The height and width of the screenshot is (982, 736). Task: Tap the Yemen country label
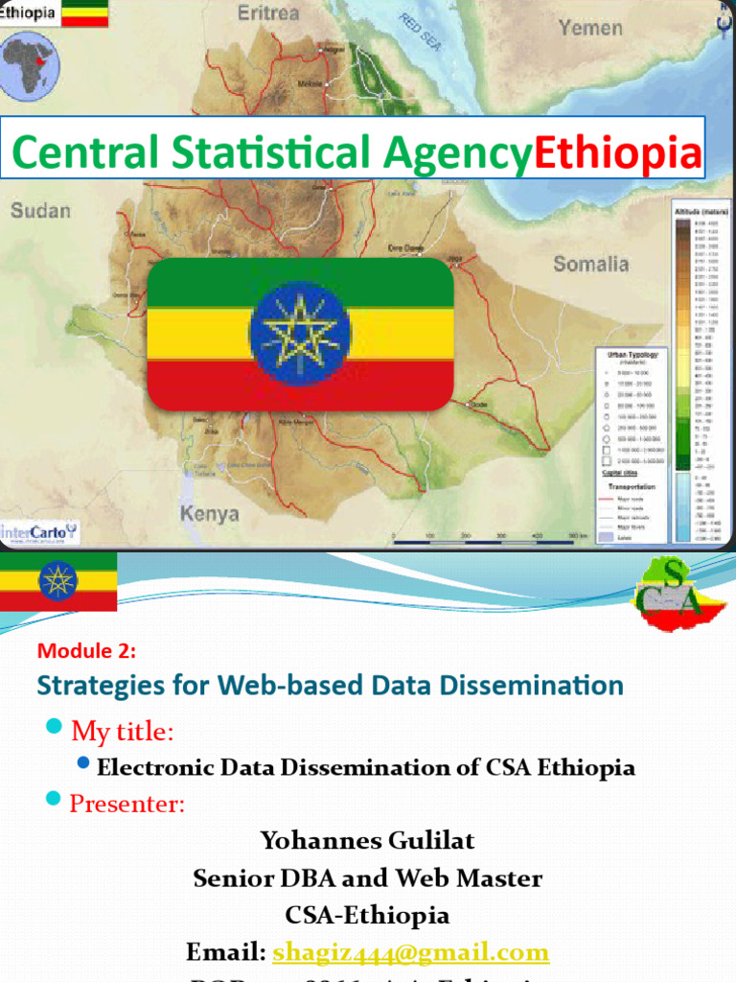point(590,28)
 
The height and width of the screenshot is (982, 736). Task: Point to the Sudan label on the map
point(40,210)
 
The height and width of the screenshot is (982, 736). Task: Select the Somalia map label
point(591,264)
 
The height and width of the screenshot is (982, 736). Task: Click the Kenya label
point(209,514)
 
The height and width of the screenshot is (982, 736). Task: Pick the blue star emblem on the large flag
point(300,334)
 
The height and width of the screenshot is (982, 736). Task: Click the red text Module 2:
point(87,651)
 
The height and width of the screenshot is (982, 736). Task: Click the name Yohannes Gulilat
point(367,841)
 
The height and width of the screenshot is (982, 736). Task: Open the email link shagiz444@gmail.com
point(410,952)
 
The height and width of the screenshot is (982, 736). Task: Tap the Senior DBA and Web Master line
point(367,877)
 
